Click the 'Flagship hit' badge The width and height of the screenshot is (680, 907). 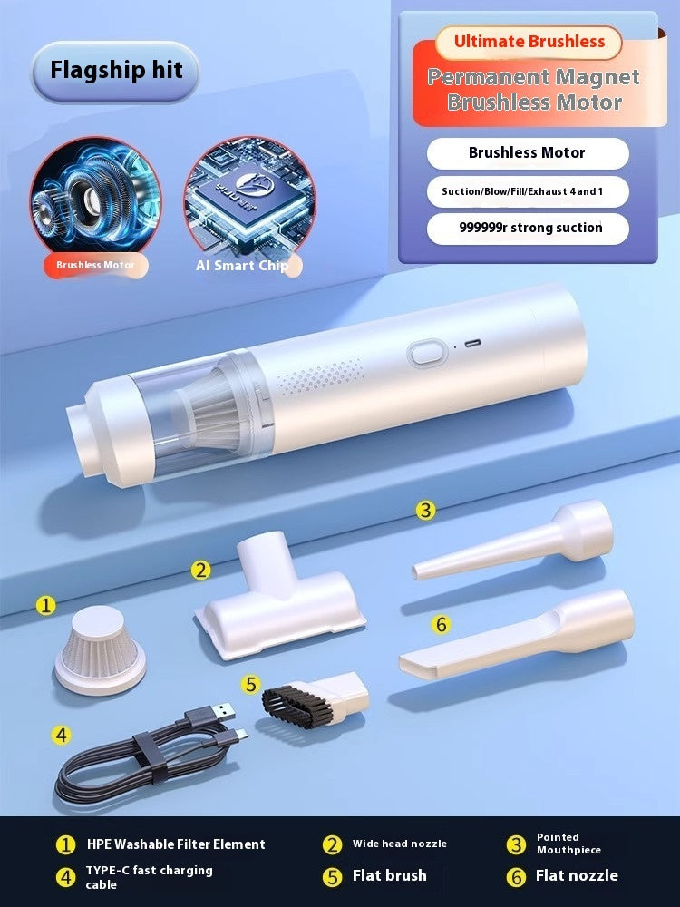click(115, 71)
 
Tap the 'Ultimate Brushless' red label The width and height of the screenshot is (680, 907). click(529, 42)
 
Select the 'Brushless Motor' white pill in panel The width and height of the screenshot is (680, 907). click(527, 153)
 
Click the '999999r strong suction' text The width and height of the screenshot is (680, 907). click(529, 228)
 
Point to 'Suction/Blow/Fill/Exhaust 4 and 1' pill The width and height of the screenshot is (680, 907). click(527, 191)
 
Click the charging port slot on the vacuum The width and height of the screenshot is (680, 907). click(473, 344)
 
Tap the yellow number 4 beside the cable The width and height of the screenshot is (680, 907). click(61, 736)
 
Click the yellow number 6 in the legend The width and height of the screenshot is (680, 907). click(516, 876)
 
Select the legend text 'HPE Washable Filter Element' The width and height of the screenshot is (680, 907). click(176, 844)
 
